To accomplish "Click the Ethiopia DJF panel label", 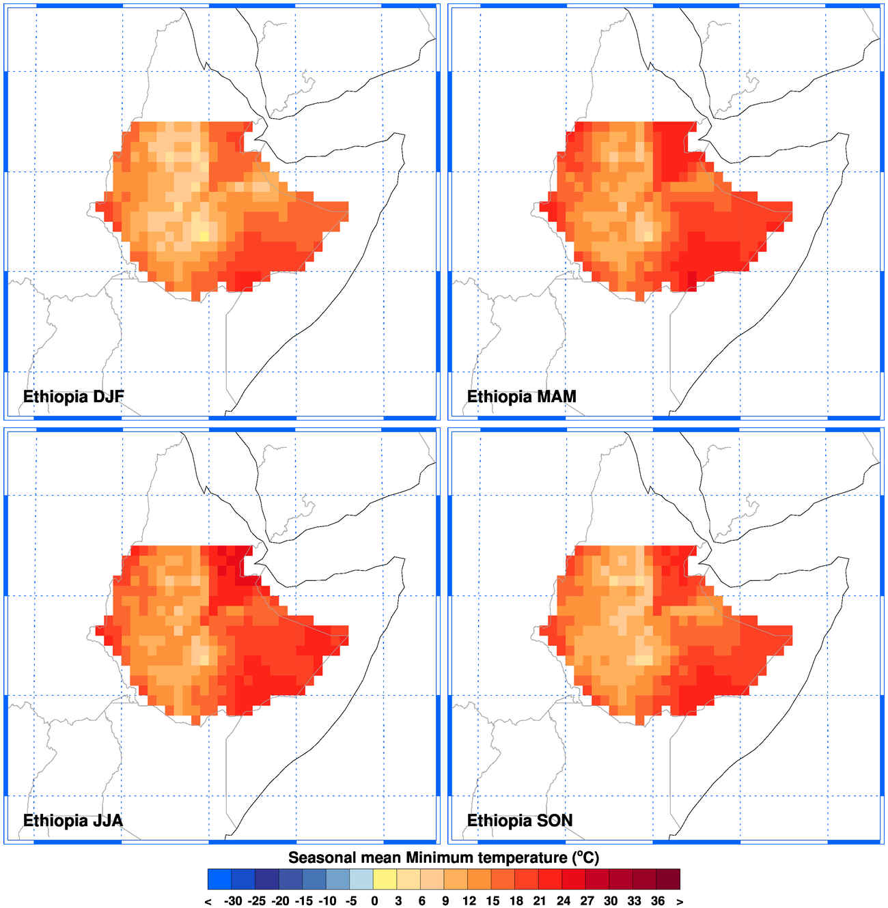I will (73, 397).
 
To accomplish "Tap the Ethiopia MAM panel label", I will (521, 397).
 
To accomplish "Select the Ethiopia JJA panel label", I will (72, 821).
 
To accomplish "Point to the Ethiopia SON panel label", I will (519, 821).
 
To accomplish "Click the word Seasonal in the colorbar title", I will (321, 857).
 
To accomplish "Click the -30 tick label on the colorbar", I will (232, 901).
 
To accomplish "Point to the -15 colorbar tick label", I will (303, 901).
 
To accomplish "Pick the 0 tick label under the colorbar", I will (374, 901).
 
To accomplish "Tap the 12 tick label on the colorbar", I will (469, 901).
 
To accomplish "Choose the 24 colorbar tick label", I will (564, 901).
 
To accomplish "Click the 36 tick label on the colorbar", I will (658, 901).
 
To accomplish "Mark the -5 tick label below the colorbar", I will (350, 901).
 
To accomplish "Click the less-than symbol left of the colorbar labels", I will (208, 902).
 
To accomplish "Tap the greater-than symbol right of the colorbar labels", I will (680, 902).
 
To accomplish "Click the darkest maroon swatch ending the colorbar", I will (669, 879).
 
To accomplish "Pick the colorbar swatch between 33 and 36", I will (645, 879).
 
